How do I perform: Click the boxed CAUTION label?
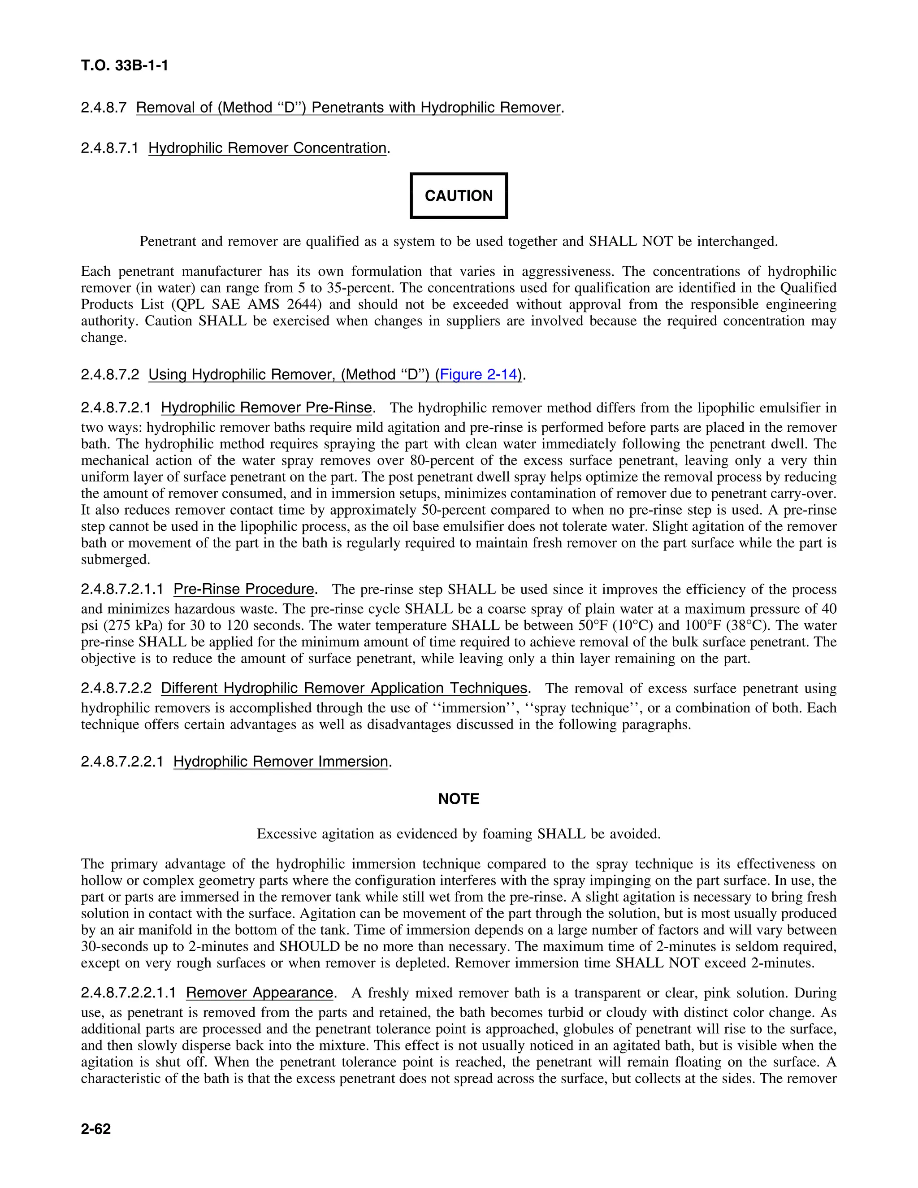point(459,196)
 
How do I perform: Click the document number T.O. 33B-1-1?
point(125,66)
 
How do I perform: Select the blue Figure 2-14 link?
point(478,374)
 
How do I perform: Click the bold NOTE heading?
point(459,799)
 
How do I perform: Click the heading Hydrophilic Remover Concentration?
point(267,148)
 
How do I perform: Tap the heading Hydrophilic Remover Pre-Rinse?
point(266,408)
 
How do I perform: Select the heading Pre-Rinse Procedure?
point(244,589)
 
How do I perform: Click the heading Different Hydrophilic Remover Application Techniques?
point(344,688)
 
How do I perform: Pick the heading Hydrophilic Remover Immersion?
point(281,762)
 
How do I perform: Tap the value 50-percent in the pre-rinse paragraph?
point(454,510)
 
